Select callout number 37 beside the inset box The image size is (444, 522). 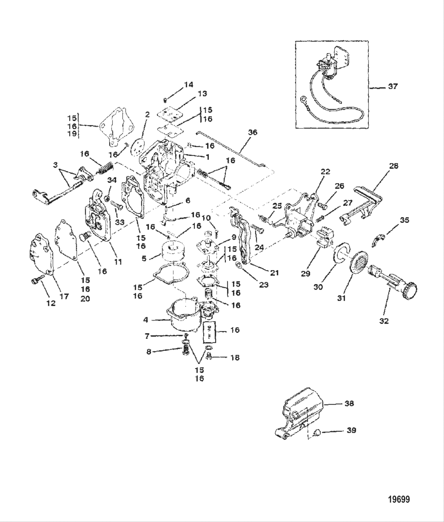point(392,86)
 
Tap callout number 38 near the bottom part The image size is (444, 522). point(349,403)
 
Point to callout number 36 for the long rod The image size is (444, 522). point(252,132)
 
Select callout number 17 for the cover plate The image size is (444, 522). point(64,296)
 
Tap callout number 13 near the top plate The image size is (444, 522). point(202,94)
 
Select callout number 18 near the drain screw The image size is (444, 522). point(235,357)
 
